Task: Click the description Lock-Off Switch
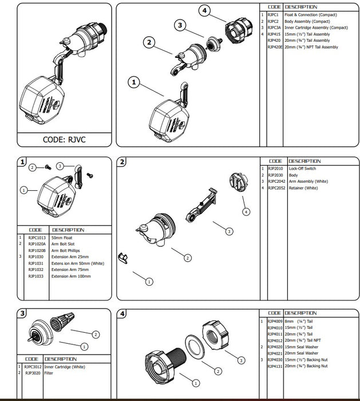point(303,169)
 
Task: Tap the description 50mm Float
point(62,237)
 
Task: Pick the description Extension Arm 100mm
point(70,277)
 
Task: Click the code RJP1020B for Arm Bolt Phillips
point(37,250)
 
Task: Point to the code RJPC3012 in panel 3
point(33,367)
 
